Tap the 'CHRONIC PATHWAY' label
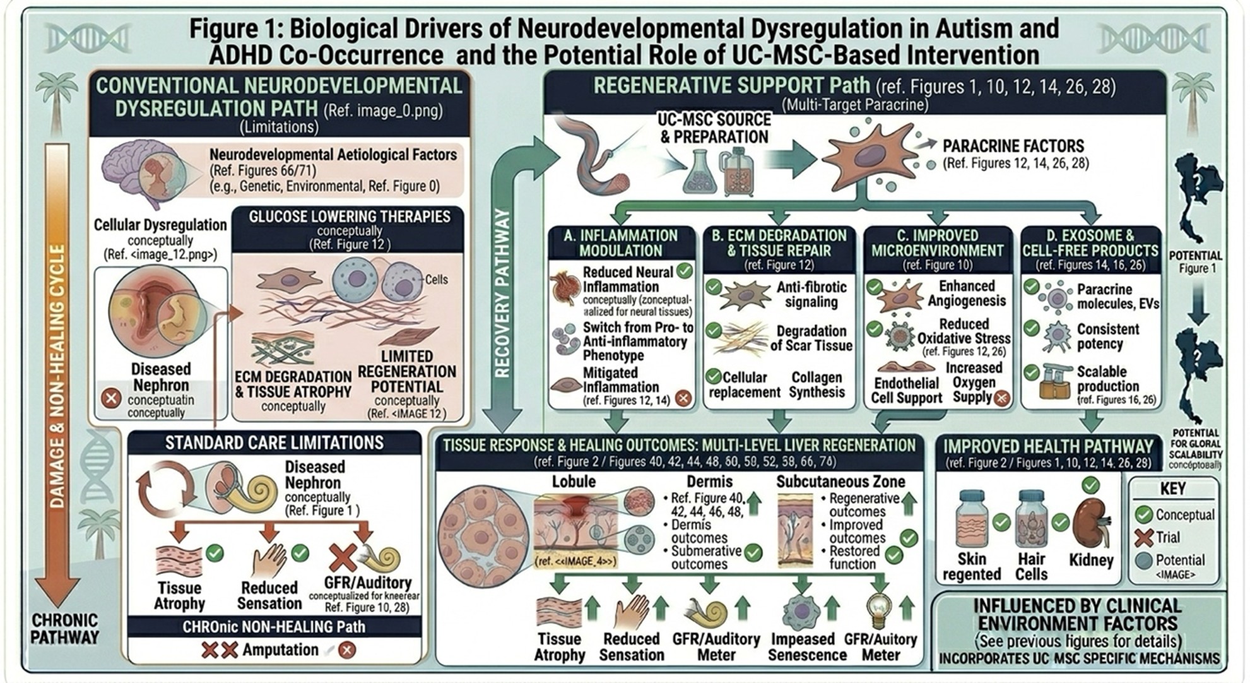click(64, 629)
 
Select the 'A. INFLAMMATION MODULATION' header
click(621, 243)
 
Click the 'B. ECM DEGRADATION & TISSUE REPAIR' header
click(779, 243)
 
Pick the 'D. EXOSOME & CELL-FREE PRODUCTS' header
click(1090, 243)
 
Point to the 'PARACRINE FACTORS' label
click(1013, 146)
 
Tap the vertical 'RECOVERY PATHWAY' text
click(502, 294)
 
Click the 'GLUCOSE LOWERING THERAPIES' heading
click(350, 217)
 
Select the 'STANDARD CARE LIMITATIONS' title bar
click(274, 443)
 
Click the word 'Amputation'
click(280, 650)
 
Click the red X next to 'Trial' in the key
click(1144, 538)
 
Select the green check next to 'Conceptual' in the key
click(1144, 514)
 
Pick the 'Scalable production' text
click(1107, 379)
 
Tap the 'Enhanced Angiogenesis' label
click(966, 294)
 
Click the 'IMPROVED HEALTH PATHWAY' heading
click(1048, 446)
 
